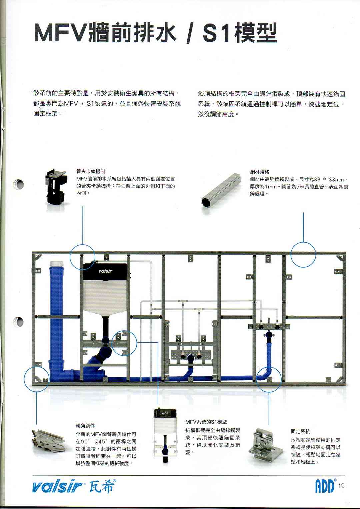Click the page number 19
(341, 486)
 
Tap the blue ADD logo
(325, 486)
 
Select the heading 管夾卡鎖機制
(90, 172)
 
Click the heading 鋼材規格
(259, 172)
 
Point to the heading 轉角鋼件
(85, 426)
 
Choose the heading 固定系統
(300, 431)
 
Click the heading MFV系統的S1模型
(206, 422)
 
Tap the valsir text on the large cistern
(105, 271)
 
